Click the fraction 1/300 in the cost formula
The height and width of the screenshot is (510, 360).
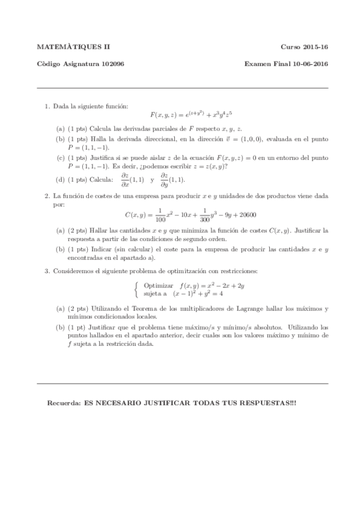(204, 215)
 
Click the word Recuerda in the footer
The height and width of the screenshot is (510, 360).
(64, 401)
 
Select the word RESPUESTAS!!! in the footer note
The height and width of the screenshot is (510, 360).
(273, 401)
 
